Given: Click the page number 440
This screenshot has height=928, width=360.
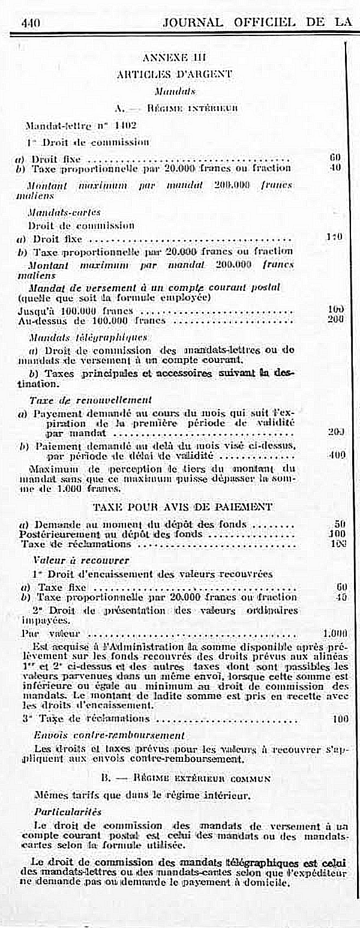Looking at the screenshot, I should click(30, 23).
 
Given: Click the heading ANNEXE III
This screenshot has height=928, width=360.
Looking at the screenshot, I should click(175, 58).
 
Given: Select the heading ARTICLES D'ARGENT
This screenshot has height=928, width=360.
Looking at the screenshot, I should click(174, 74).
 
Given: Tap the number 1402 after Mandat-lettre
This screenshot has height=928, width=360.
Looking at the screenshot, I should click(125, 125).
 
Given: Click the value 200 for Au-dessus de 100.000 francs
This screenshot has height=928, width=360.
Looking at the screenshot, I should click(335, 319).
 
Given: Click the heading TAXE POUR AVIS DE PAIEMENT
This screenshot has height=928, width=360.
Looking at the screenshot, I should click(183, 507).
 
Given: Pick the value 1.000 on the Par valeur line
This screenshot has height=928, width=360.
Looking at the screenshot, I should click(335, 633).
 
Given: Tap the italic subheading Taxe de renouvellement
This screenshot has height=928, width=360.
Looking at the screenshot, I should click(91, 399).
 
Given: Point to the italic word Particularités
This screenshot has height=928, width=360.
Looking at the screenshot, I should click(68, 811).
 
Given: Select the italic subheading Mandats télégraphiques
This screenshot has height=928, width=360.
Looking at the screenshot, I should click(88, 337).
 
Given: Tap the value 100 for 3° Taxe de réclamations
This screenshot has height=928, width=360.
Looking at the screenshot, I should click(340, 718).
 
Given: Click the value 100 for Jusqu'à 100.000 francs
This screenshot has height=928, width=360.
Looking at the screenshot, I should click(335, 310).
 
